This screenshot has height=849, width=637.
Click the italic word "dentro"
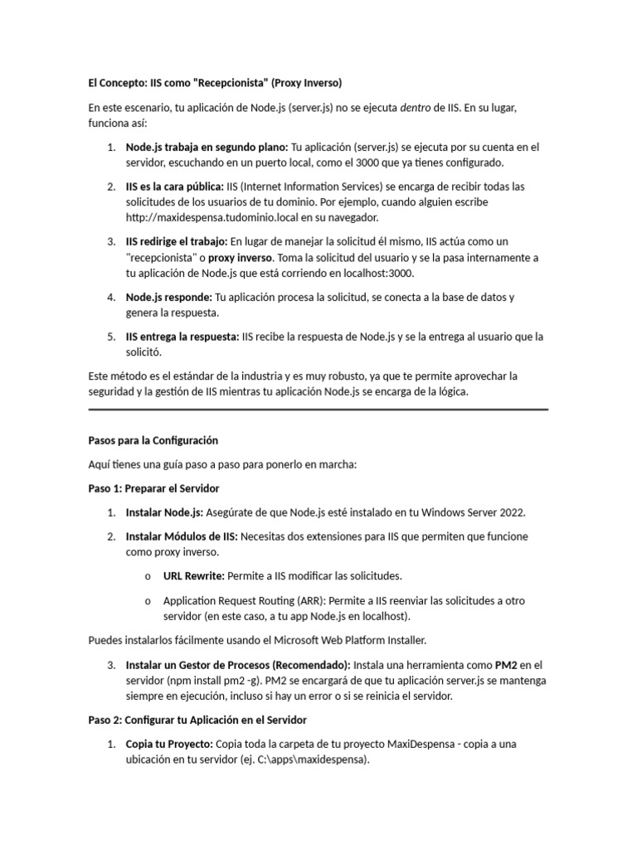click(x=417, y=108)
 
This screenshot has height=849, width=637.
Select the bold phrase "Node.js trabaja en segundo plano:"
click(x=207, y=148)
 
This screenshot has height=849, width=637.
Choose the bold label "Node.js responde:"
click(x=169, y=297)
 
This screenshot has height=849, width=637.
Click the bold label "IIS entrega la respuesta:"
click(x=182, y=337)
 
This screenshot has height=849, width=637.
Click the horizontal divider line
click(x=318, y=409)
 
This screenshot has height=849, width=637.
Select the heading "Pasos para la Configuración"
click(x=153, y=440)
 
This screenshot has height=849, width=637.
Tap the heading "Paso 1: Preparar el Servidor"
click(x=153, y=488)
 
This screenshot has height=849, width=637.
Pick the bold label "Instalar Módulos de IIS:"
click(x=182, y=536)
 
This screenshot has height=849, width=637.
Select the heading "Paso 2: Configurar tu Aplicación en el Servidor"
click(x=197, y=720)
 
